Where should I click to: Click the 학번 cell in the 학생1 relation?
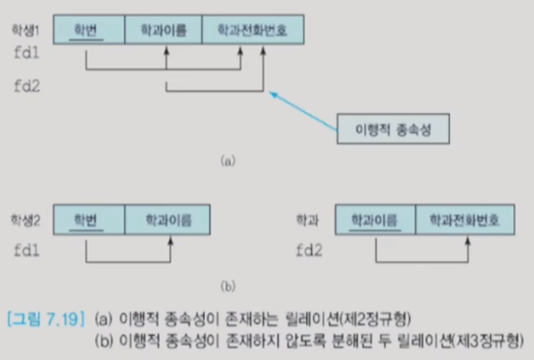[x=86, y=29]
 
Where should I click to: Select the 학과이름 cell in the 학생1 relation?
[x=163, y=29]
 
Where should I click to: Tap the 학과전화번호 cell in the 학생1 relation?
[x=253, y=29]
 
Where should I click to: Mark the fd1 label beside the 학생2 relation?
[x=27, y=250]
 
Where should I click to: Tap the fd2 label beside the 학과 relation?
[x=311, y=250]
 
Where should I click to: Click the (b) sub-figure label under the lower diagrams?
[x=227, y=286]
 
